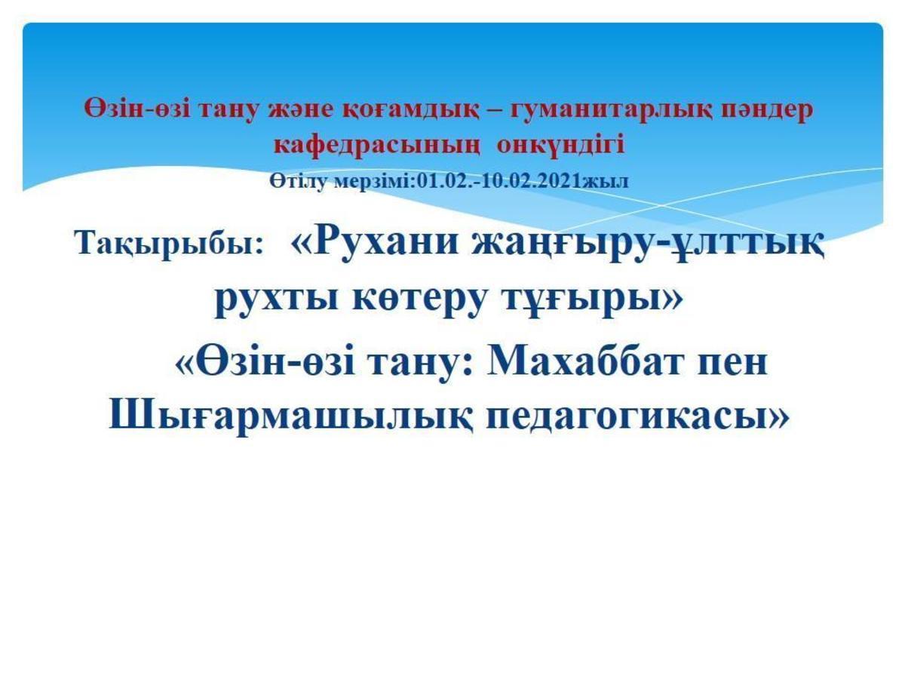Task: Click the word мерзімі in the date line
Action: pos(371,182)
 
